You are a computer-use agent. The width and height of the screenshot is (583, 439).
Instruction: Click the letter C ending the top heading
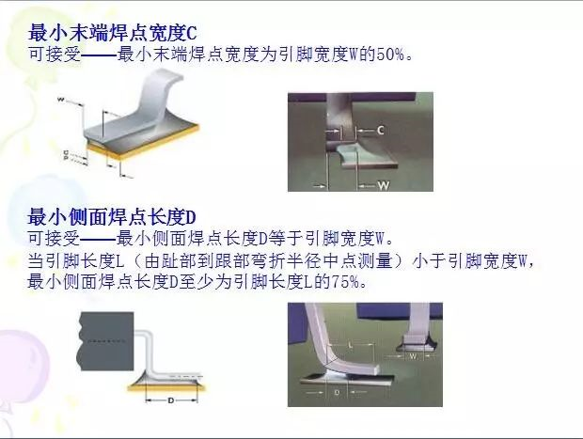point(192,33)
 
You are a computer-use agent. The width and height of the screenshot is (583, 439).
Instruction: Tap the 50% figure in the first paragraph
point(390,55)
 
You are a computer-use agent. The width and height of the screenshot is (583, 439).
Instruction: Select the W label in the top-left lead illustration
point(61,100)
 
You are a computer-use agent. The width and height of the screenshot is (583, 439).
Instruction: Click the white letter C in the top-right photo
point(380,130)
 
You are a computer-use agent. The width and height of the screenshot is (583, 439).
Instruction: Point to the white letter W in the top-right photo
point(384,185)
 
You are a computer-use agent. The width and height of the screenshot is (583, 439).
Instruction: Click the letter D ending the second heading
point(190,217)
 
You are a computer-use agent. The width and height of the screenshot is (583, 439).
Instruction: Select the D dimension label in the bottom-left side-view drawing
point(170,400)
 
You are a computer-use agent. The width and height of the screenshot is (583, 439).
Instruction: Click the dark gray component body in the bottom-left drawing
point(106,341)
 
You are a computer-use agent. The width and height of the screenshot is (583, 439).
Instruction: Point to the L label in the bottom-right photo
point(350,345)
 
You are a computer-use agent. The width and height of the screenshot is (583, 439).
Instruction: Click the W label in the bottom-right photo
point(413,356)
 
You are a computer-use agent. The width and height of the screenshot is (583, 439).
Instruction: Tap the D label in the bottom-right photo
point(337,392)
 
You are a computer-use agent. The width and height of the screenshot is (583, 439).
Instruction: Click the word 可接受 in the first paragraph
point(55,55)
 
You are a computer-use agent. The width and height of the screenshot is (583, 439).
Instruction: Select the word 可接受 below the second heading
point(55,238)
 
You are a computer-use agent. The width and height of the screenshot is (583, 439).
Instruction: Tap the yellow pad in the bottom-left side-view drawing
point(166,387)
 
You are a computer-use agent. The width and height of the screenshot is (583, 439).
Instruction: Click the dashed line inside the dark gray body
point(105,340)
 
